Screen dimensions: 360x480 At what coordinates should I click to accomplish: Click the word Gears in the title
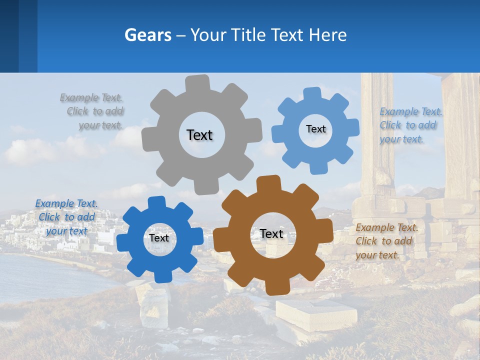pyautogui.click(x=147, y=35)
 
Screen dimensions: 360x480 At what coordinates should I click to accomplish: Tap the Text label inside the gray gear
pyautogui.click(x=199, y=135)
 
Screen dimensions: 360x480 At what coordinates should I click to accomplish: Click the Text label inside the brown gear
pyautogui.click(x=271, y=233)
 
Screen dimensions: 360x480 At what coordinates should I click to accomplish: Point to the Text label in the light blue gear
pyautogui.click(x=315, y=129)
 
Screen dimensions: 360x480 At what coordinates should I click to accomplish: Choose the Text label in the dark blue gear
pyautogui.click(x=159, y=238)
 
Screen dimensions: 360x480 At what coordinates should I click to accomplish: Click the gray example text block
pyautogui.click(x=93, y=111)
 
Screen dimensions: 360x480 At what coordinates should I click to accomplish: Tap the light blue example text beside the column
pyautogui.click(x=410, y=125)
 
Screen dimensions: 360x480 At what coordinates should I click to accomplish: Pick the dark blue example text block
pyautogui.click(x=66, y=217)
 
